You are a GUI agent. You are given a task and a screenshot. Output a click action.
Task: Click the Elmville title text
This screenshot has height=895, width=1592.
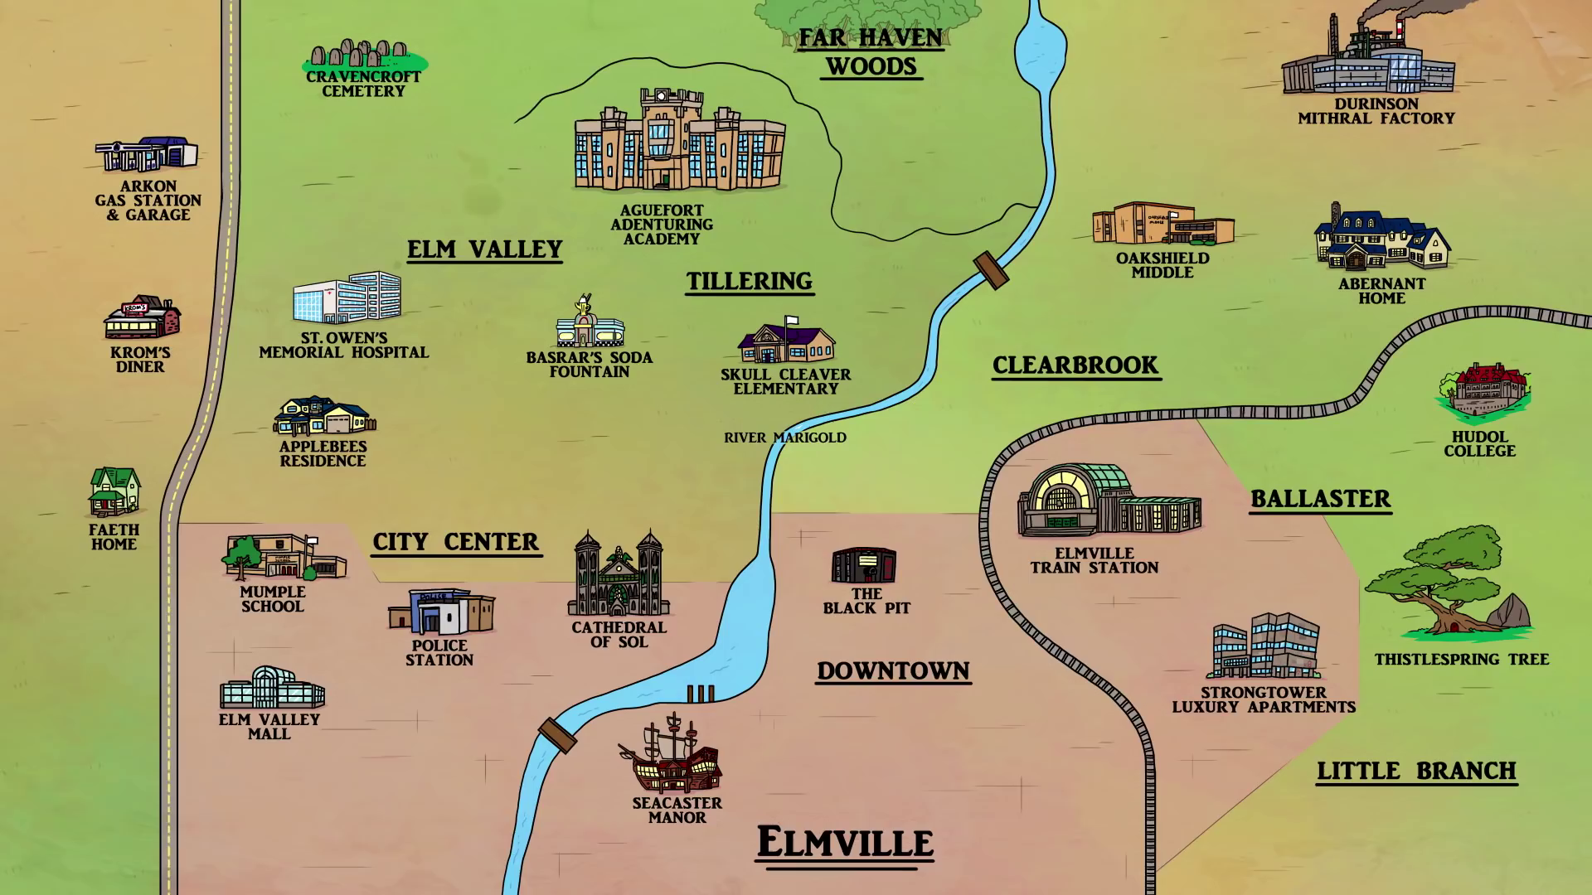click(x=844, y=842)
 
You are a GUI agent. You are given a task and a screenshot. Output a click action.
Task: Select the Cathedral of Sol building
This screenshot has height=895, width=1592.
click(x=619, y=575)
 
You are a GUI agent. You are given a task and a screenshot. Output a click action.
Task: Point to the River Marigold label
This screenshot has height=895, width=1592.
click(x=784, y=438)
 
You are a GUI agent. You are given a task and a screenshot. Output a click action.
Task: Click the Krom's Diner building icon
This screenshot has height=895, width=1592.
click(x=142, y=317)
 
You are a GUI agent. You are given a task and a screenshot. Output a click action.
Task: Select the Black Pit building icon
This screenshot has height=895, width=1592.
click(x=864, y=565)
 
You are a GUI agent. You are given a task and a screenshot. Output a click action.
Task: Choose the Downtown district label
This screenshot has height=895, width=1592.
click(x=893, y=670)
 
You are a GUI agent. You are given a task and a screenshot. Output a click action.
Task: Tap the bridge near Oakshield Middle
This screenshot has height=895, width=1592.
click(x=991, y=270)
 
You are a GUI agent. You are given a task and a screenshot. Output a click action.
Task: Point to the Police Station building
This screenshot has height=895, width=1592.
click(x=440, y=612)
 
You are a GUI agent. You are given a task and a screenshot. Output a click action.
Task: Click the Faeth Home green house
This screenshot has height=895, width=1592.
click(x=114, y=491)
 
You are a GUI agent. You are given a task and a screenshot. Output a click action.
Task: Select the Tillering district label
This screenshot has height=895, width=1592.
click(x=749, y=282)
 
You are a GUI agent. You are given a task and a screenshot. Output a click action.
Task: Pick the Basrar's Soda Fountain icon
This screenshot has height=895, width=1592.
click(x=589, y=324)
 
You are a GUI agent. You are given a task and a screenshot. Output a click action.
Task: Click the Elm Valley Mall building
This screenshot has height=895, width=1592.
click(x=271, y=688)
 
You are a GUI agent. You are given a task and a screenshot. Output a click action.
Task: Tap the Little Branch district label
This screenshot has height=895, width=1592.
click(x=1416, y=771)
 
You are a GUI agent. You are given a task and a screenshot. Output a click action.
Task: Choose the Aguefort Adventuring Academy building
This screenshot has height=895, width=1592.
click(x=679, y=141)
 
